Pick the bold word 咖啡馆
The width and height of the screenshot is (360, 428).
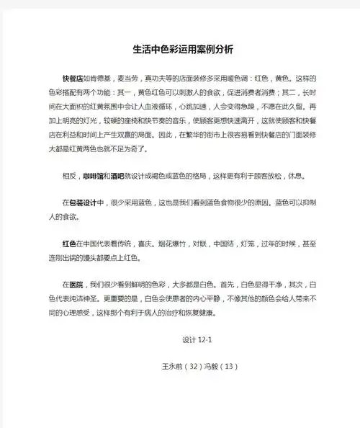(x=94, y=176)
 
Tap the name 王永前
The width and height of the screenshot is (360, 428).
(x=171, y=366)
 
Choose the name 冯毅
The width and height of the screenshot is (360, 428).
(x=214, y=366)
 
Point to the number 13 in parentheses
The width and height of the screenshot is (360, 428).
(x=231, y=366)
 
